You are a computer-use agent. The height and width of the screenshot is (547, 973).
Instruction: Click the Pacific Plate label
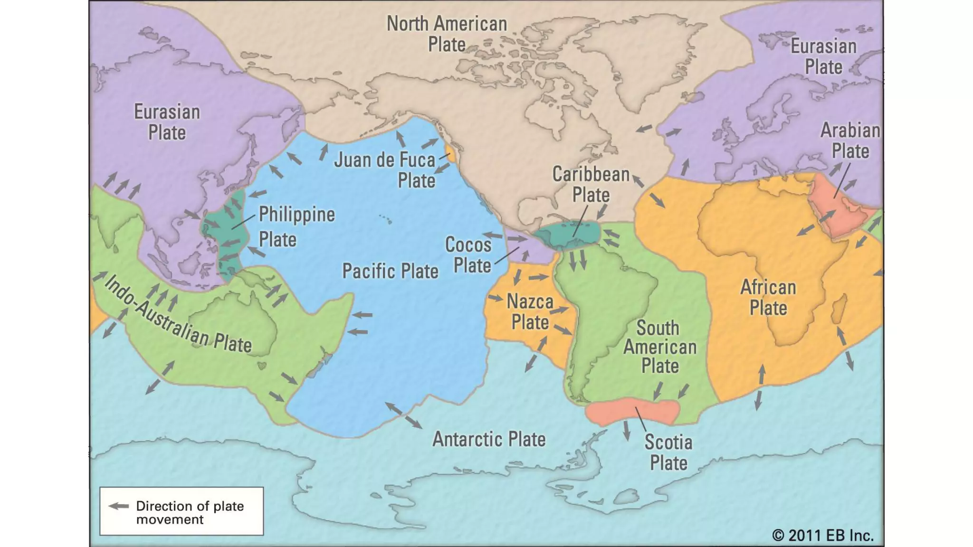(390, 271)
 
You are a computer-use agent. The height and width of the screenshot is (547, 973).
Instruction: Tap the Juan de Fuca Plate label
(385, 170)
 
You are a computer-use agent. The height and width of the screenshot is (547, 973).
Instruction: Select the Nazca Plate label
(530, 312)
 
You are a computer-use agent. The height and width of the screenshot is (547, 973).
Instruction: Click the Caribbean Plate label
(591, 185)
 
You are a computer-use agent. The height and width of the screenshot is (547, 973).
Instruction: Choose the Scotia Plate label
(668, 453)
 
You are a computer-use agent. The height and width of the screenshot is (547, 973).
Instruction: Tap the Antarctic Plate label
(488, 439)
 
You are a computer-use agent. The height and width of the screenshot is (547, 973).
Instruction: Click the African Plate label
(768, 298)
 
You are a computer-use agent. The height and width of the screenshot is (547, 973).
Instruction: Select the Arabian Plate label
(850, 141)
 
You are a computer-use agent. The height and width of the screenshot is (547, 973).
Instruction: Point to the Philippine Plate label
(296, 226)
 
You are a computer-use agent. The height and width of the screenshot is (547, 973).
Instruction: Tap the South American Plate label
(659, 347)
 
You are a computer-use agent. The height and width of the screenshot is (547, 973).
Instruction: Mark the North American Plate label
(447, 34)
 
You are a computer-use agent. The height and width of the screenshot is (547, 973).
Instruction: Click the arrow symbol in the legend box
(119, 506)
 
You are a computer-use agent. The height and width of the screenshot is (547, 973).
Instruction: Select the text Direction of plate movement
(190, 512)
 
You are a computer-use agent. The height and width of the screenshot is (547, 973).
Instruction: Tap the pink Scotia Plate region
(613, 411)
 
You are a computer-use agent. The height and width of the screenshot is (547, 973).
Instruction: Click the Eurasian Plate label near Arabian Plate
(823, 57)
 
